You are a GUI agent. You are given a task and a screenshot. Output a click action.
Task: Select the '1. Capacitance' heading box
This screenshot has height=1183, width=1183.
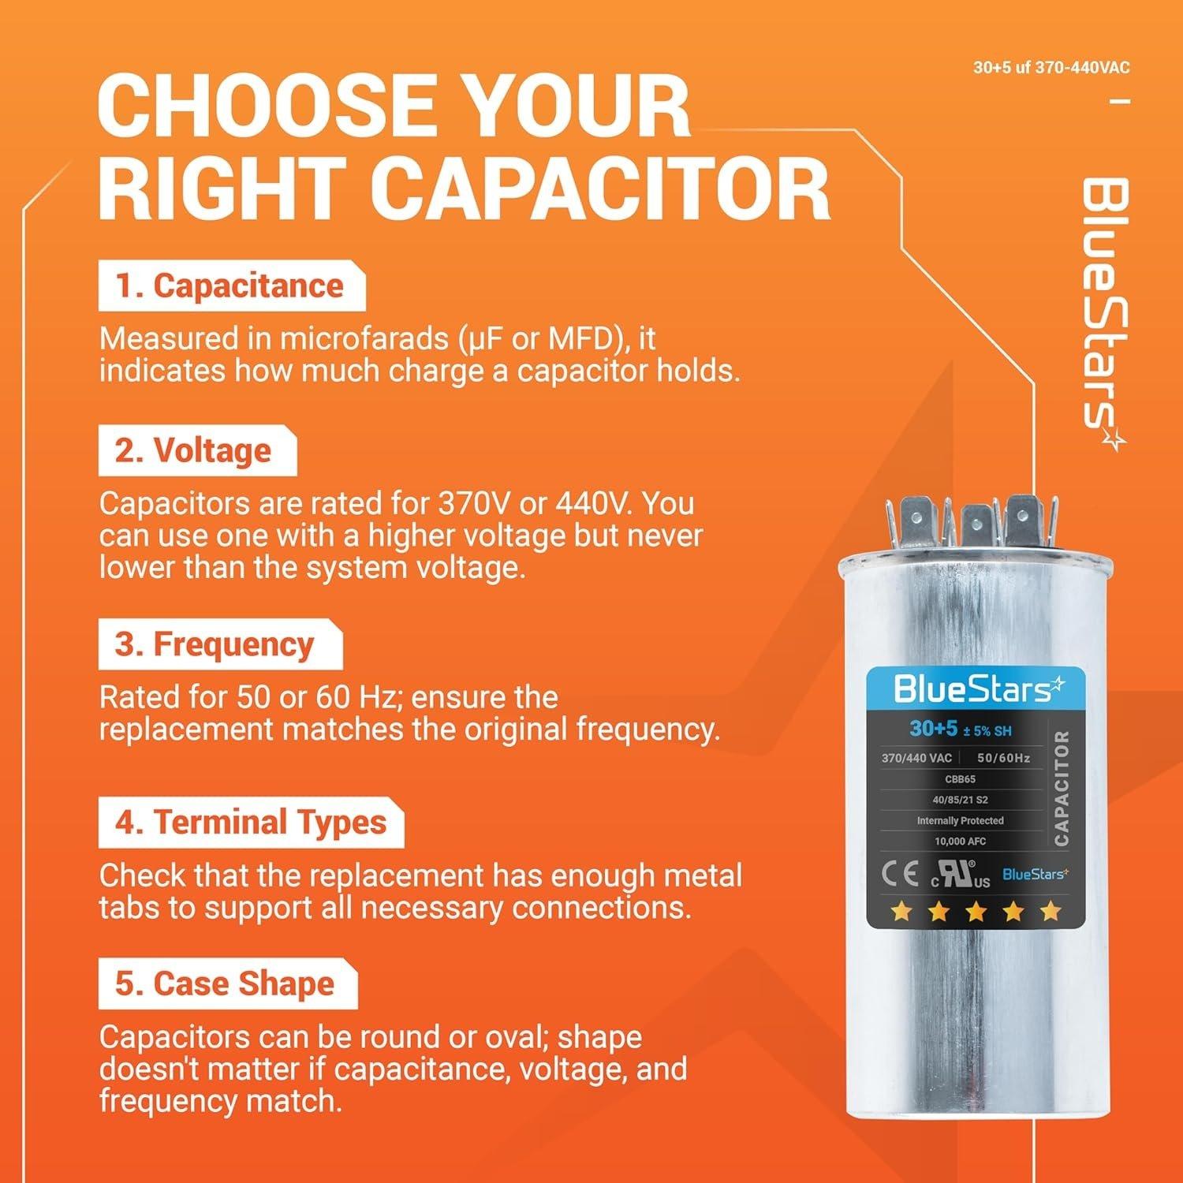coord(231,286)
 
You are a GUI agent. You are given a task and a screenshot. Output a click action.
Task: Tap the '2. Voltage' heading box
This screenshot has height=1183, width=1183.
coord(197,451)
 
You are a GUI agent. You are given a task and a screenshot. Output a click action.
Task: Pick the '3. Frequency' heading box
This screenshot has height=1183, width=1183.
coord(219,644)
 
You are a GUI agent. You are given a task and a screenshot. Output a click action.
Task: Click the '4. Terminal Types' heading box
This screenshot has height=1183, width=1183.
coord(251,823)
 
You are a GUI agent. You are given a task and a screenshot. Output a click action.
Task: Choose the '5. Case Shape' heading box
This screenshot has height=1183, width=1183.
coord(227,984)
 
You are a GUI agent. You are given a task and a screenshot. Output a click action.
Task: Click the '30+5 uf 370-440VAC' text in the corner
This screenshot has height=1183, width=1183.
coord(1051,68)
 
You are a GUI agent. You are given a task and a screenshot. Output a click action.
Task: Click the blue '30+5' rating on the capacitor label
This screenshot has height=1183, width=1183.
coord(932,729)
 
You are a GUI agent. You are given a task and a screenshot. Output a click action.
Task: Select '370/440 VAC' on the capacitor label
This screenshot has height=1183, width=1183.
coord(916,758)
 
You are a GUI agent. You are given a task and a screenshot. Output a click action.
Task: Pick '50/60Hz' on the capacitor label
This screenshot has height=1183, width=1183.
coord(1003,758)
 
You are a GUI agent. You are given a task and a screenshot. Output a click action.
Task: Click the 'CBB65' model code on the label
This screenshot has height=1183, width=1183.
coord(960,779)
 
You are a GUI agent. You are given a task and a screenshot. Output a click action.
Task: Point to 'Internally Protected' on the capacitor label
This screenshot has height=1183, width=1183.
coord(960,821)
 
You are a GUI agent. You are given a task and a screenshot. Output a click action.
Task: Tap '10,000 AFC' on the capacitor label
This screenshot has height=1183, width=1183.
coord(960,842)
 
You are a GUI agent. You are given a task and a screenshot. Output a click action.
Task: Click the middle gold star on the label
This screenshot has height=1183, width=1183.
coord(976,912)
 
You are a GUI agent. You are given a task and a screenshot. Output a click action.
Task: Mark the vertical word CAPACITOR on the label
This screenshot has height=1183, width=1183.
coord(1062,788)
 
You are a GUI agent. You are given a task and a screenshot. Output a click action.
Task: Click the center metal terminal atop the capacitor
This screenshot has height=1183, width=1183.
coord(972,525)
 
